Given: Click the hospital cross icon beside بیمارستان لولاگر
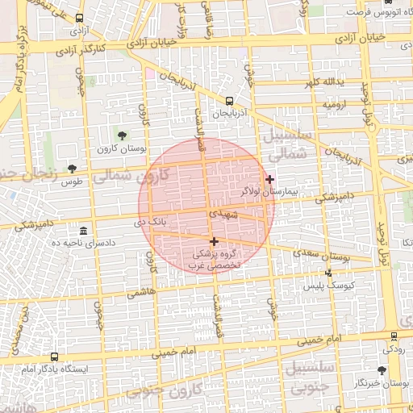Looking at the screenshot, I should click(x=269, y=179).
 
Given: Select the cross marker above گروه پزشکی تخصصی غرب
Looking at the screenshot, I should click(x=214, y=241).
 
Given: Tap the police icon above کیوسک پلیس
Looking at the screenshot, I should click(x=328, y=273).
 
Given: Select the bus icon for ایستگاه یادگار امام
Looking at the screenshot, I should click(x=54, y=356).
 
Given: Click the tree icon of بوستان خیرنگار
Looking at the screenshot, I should click(x=382, y=370).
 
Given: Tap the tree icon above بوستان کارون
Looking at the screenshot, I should click(x=122, y=136).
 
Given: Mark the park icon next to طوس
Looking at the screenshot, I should click(x=72, y=169).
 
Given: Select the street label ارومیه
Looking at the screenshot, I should click(x=336, y=105).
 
